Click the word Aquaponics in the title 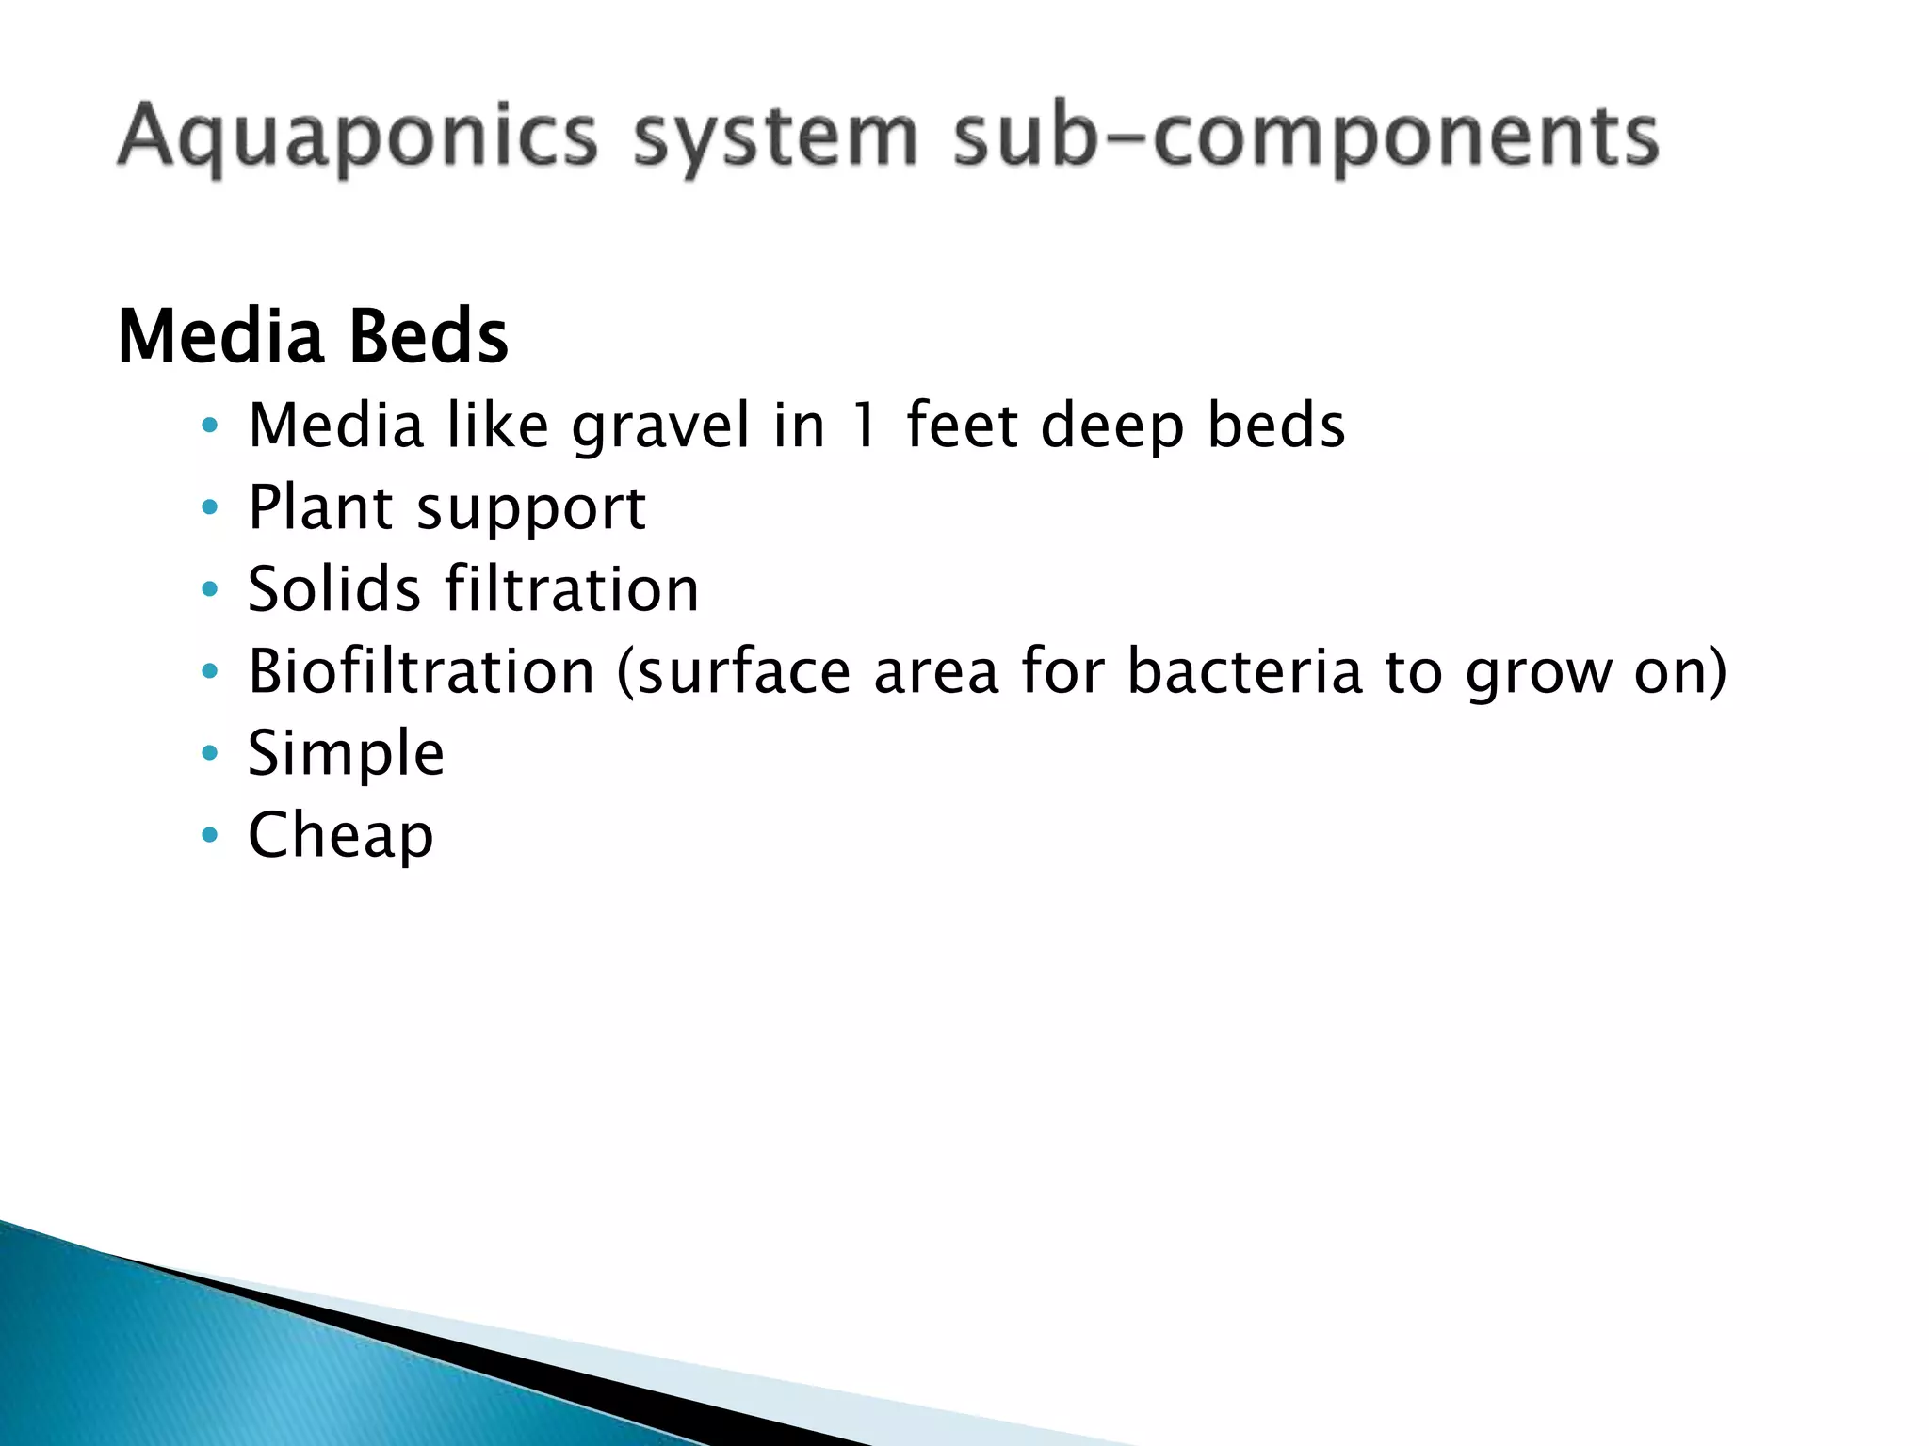coord(358,137)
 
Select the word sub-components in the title coord(1305,137)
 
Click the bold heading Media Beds coord(313,336)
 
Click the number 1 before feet coord(865,426)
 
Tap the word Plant coord(320,507)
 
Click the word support coord(531,509)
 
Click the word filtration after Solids coord(572,589)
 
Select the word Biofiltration coord(421,671)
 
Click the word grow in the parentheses coord(1539,673)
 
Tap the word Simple coord(346,753)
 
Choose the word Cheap coord(341,835)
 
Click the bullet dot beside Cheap coord(210,835)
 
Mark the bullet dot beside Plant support coord(210,508)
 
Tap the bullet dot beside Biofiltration coord(210,671)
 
